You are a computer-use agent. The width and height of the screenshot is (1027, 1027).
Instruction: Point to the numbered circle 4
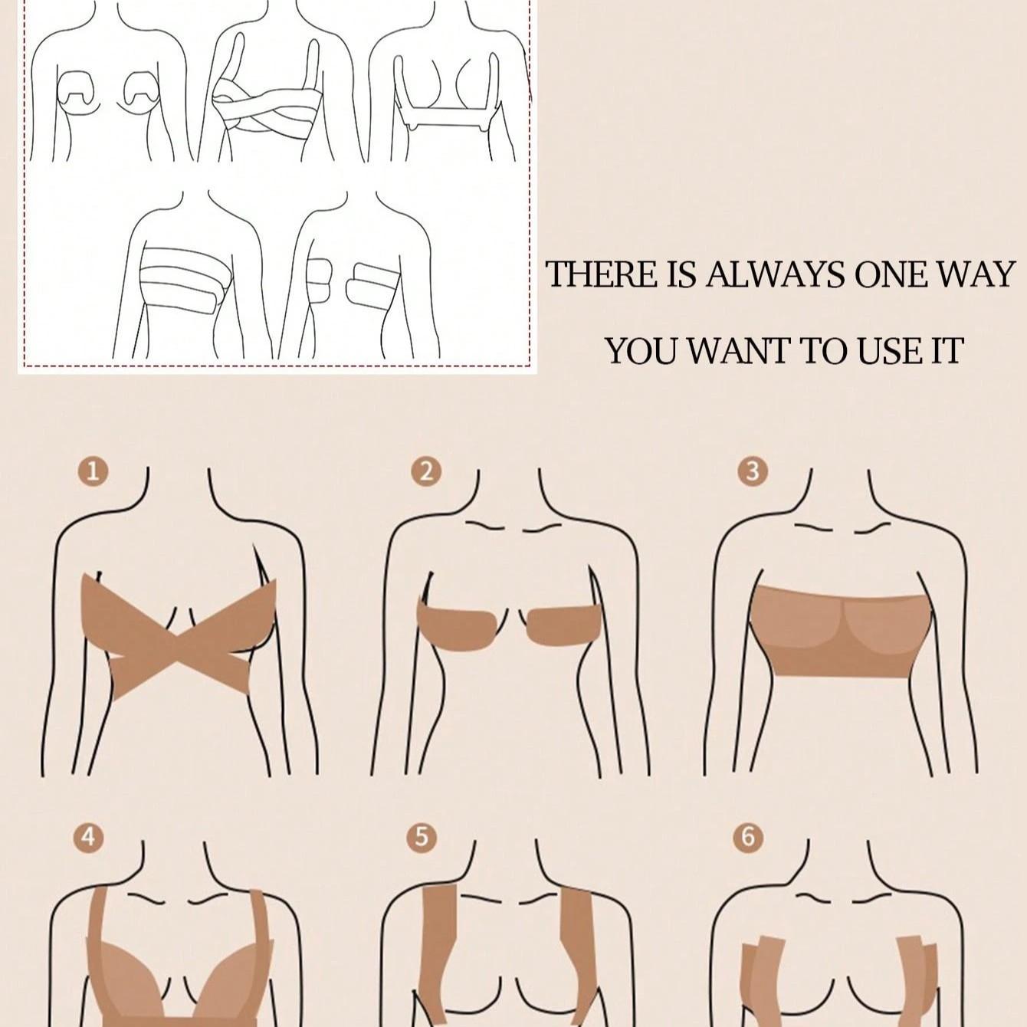pyautogui.click(x=89, y=838)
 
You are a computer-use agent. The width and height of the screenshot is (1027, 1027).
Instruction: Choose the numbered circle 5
pyautogui.click(x=422, y=838)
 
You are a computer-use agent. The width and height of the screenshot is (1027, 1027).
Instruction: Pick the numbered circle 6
pyautogui.click(x=748, y=838)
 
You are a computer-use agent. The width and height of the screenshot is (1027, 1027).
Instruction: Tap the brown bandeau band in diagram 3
pyautogui.click(x=840, y=632)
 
